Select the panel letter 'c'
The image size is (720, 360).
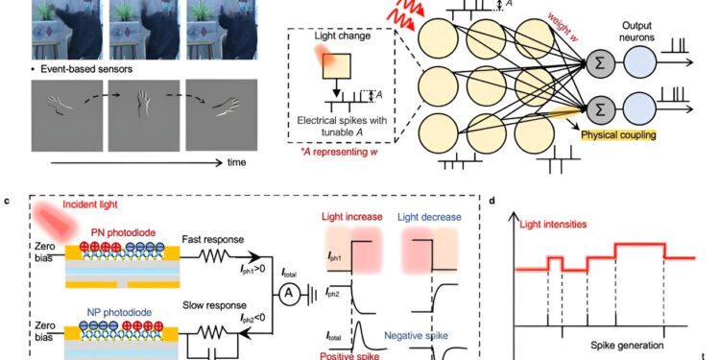tap(8, 202)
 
